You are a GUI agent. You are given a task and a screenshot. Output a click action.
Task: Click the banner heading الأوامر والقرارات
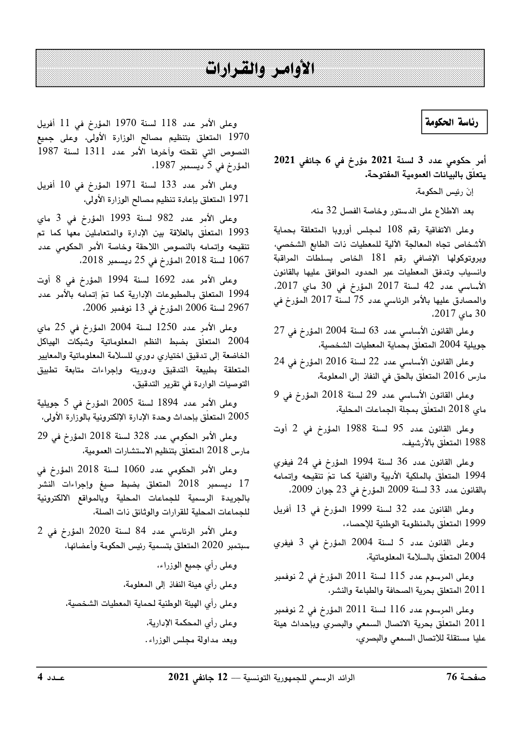tap(261, 68)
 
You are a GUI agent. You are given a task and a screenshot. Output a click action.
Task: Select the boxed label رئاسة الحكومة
tap(455, 123)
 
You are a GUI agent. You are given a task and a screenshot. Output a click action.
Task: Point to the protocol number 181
tap(380, 258)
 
